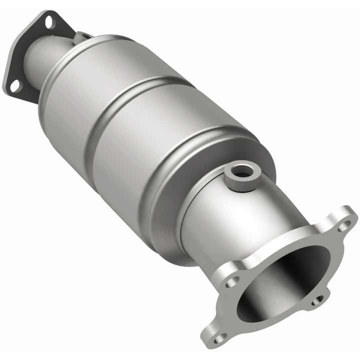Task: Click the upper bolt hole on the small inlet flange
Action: coord(48,22)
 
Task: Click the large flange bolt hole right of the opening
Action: coord(316,301)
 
